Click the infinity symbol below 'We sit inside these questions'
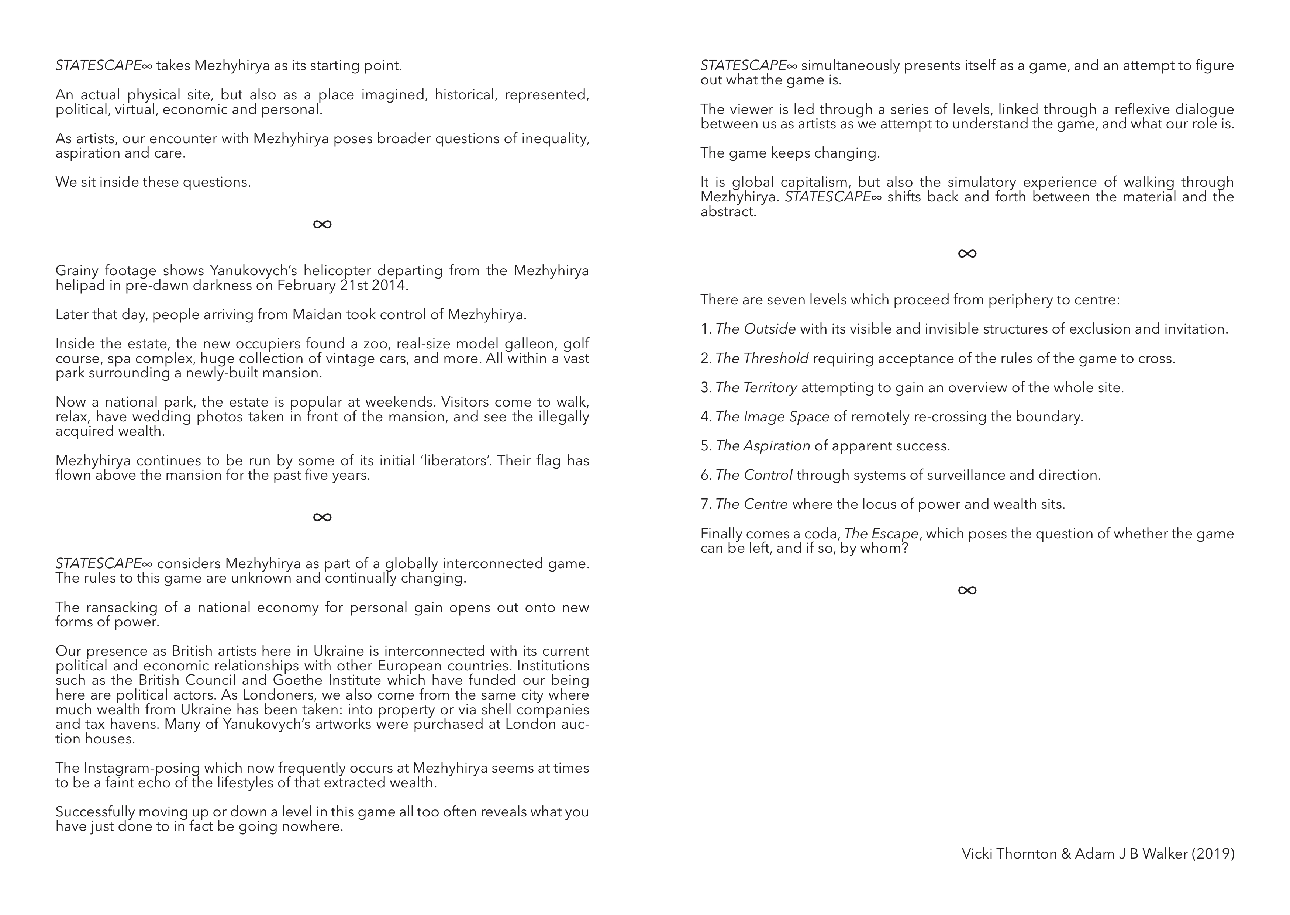pyautogui.click(x=322, y=224)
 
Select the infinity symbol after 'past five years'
pyautogui.click(x=322, y=517)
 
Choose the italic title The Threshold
pyautogui.click(x=762, y=358)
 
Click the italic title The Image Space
pyautogui.click(x=772, y=417)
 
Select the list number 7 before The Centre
pyautogui.click(x=705, y=504)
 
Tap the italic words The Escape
pyautogui.click(x=881, y=534)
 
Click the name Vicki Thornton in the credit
pyautogui.click(x=1009, y=854)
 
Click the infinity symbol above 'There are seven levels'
pyautogui.click(x=967, y=253)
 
